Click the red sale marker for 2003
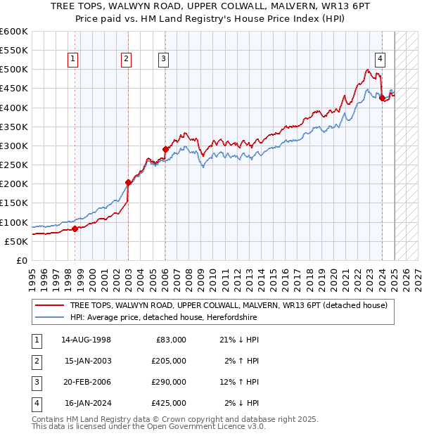click(129, 182)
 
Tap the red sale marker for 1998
click(75, 229)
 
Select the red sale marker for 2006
click(166, 149)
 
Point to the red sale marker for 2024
click(382, 98)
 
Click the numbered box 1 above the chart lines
click(74, 60)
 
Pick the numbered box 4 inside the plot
click(380, 60)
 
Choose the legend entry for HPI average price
click(163, 318)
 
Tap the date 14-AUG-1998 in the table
click(86, 340)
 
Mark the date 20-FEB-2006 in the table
click(86, 382)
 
